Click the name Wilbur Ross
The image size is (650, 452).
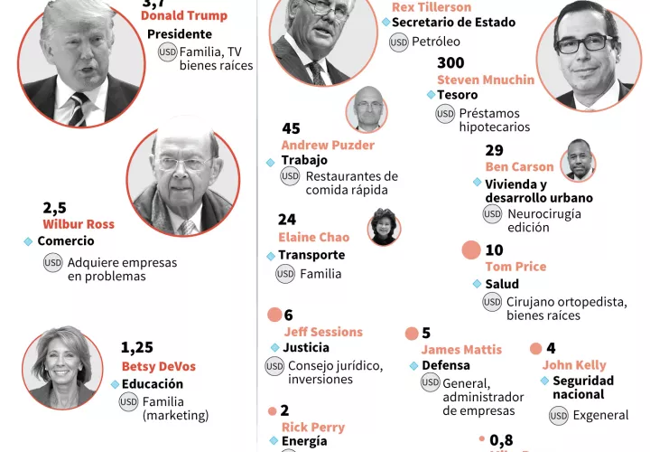[x=79, y=223]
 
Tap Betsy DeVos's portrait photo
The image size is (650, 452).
[x=62, y=366]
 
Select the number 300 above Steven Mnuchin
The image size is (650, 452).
[x=450, y=63]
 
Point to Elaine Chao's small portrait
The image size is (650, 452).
[x=384, y=227]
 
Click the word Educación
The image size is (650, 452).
[x=153, y=383]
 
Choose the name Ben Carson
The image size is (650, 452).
[x=519, y=166]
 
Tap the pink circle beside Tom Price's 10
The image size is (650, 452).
[x=470, y=250]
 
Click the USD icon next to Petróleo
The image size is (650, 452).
[x=398, y=42]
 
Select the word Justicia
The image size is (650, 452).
[x=306, y=347]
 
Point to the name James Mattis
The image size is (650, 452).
[x=461, y=350]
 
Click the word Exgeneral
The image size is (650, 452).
[x=601, y=415]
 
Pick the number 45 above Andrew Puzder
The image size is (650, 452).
[x=291, y=128]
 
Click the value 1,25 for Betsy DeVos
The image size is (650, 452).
[x=138, y=347]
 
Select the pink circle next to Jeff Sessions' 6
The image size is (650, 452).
[x=274, y=315]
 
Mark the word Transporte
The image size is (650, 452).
[x=311, y=255]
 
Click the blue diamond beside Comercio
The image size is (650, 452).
[x=28, y=241]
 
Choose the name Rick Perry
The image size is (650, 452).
[x=312, y=427]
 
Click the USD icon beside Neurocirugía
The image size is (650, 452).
[x=492, y=213]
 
